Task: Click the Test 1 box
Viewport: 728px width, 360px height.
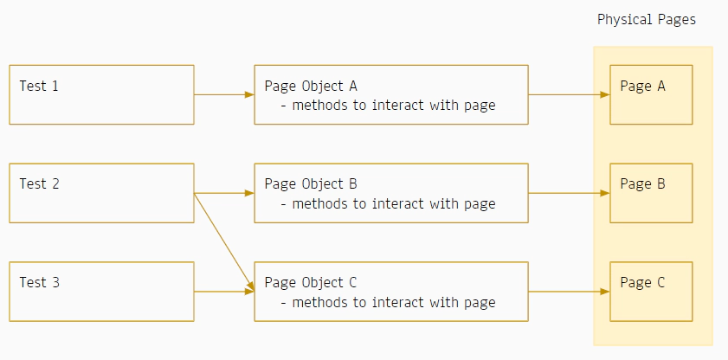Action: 101,94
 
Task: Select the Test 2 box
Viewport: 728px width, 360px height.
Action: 101,193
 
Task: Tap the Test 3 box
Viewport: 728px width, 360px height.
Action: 101,292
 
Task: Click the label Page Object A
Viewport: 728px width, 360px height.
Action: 311,86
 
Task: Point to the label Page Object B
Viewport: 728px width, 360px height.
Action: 311,183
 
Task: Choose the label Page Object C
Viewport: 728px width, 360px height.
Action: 311,282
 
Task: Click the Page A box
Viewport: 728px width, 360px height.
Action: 651,94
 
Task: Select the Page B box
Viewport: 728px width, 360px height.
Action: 651,193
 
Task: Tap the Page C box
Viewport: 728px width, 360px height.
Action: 651,292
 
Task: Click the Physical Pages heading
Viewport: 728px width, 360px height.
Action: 646,19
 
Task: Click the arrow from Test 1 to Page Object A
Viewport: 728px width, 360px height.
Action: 223,94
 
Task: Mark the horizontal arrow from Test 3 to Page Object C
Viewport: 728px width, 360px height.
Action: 223,292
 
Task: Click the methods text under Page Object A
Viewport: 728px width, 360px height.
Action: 389,106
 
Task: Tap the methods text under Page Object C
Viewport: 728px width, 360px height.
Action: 389,302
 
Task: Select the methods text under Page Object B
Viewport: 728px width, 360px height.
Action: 389,203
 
